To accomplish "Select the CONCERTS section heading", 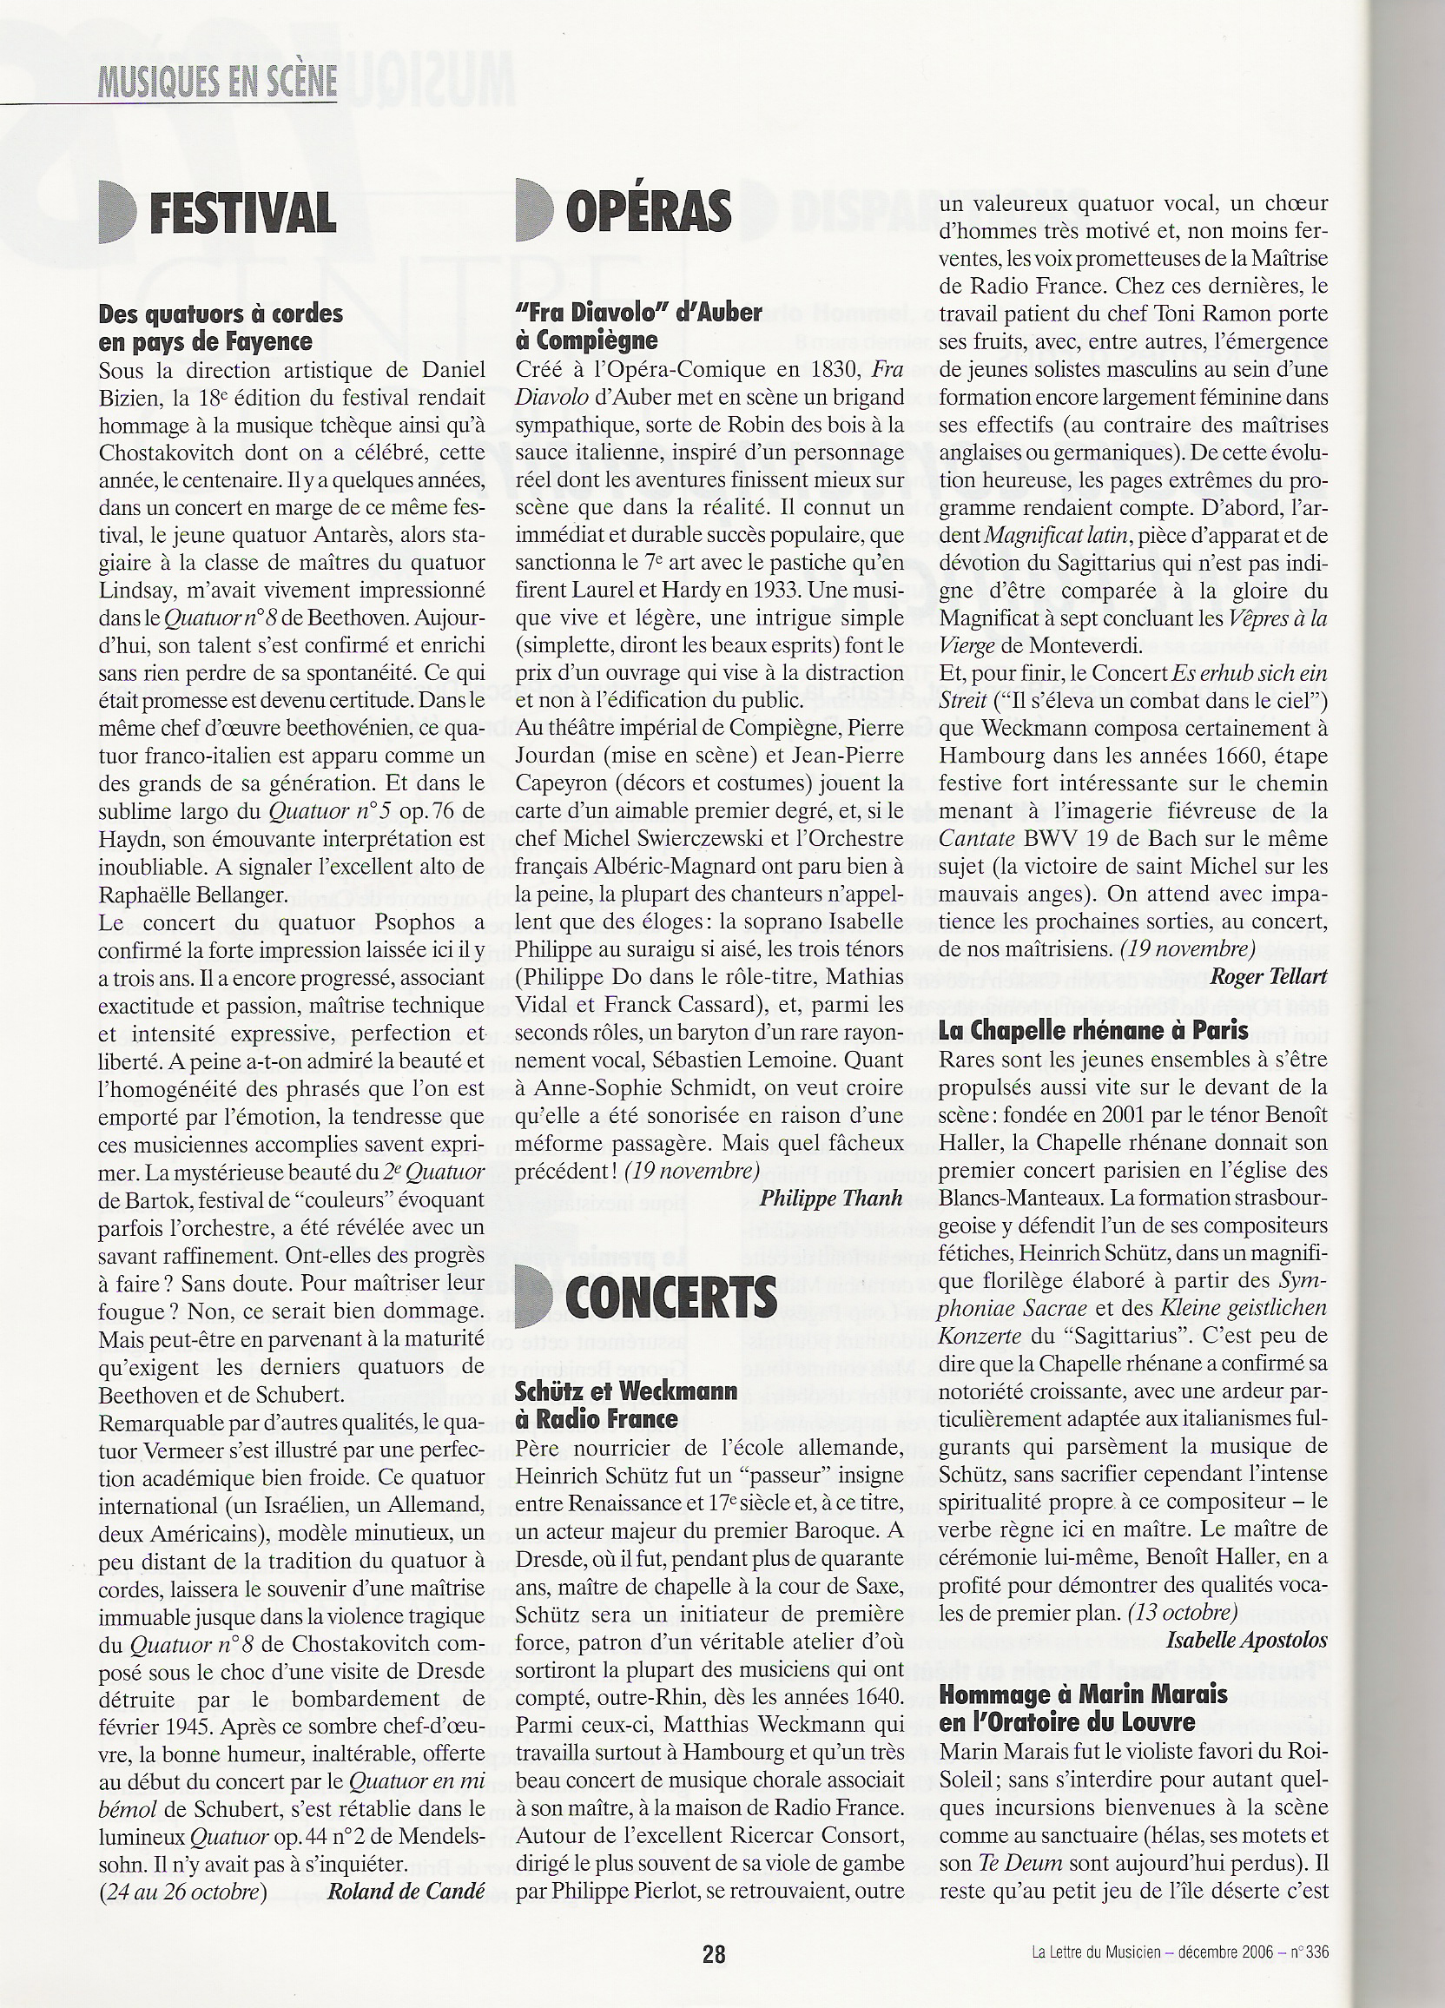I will [670, 1297].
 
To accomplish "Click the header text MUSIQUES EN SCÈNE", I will [217, 83].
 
